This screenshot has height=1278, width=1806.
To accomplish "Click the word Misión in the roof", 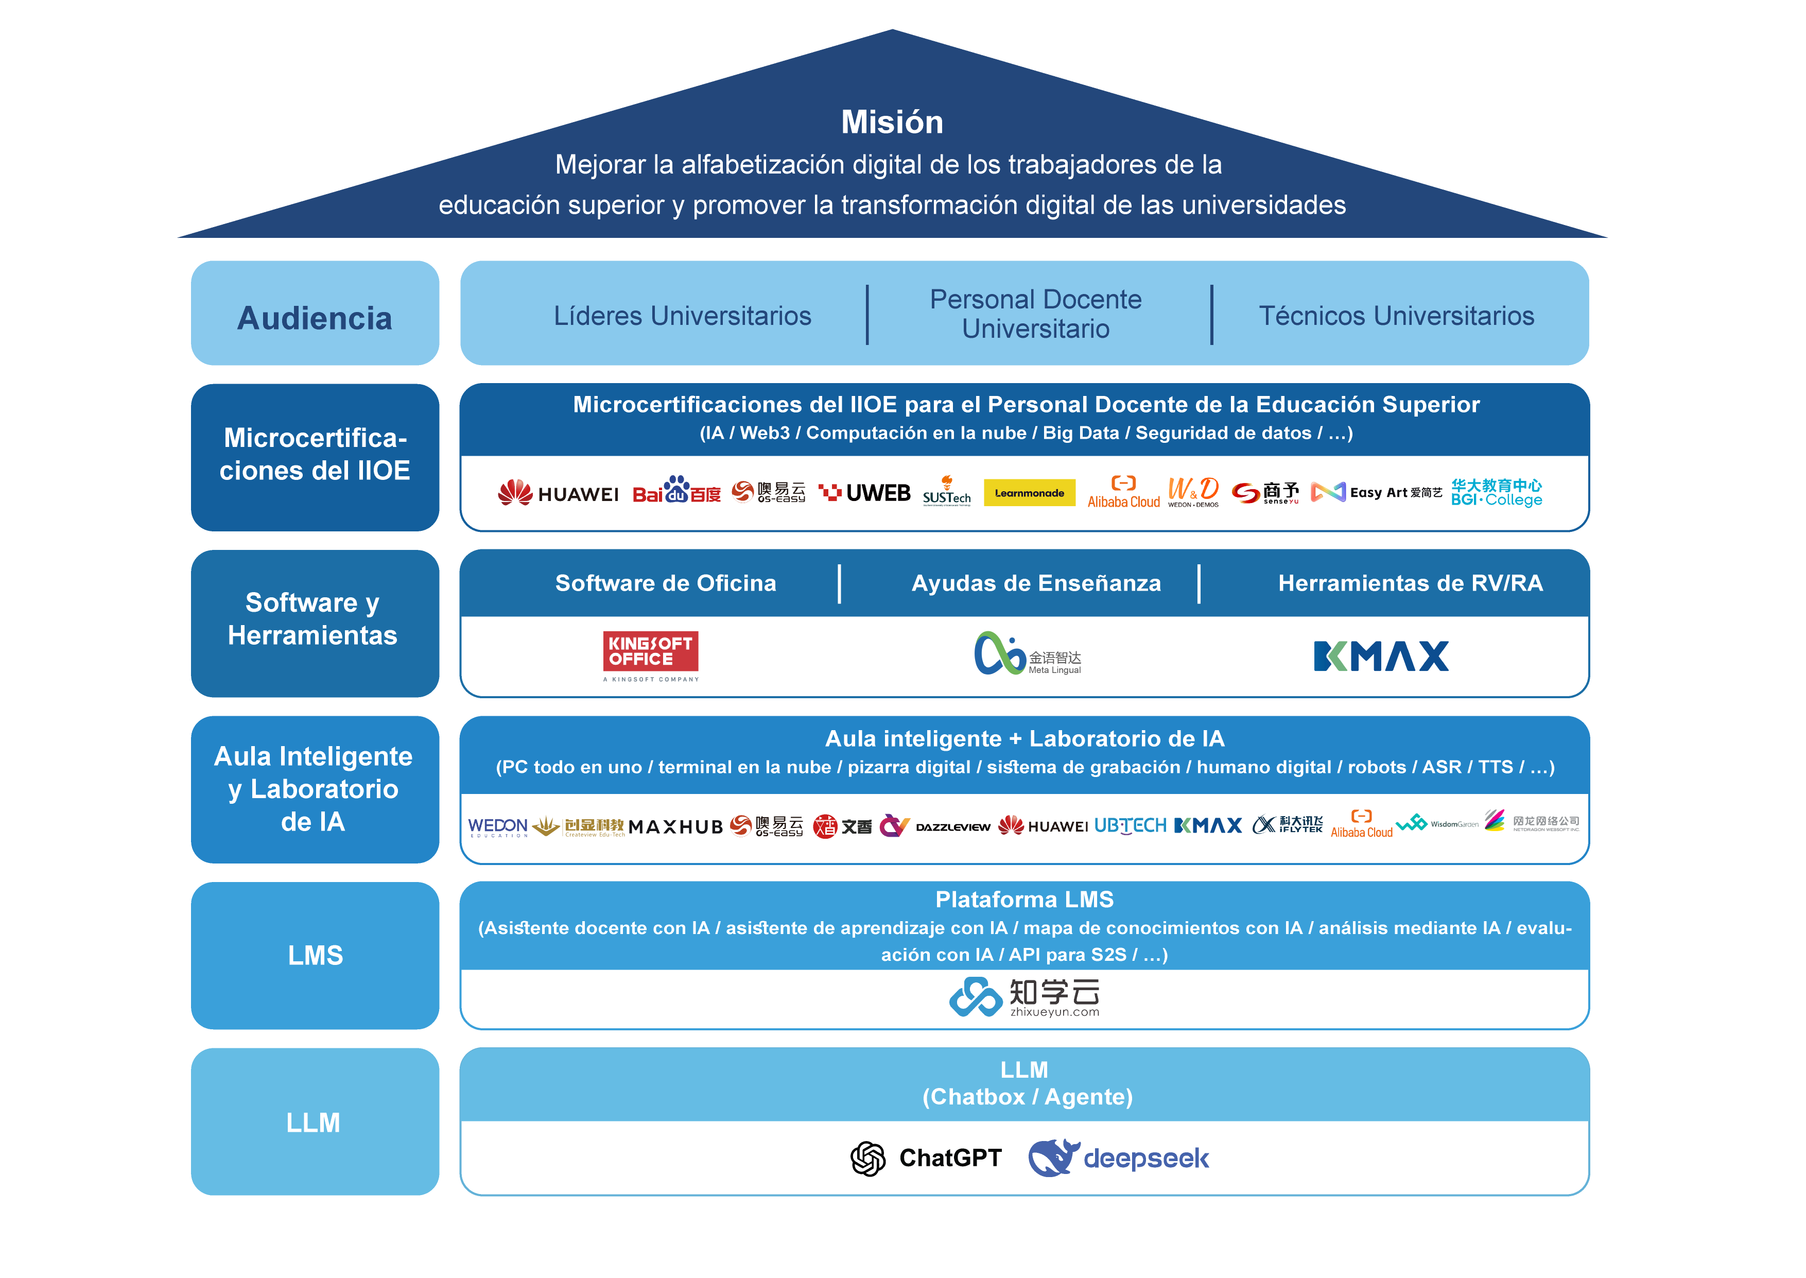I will (x=892, y=122).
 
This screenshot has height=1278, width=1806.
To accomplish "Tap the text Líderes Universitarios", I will (x=682, y=316).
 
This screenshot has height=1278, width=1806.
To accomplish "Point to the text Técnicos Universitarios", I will (x=1396, y=316).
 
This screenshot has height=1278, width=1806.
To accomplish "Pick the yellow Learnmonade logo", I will (x=1029, y=493).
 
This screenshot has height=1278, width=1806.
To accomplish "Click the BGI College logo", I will (x=1496, y=493).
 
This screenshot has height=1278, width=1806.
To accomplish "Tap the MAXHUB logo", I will (x=675, y=826).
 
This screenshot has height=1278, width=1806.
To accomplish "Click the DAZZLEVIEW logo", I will (x=952, y=827).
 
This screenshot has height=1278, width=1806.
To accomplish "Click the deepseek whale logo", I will (x=1118, y=1159).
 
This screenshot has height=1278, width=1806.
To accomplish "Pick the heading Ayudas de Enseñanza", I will (x=1036, y=583).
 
